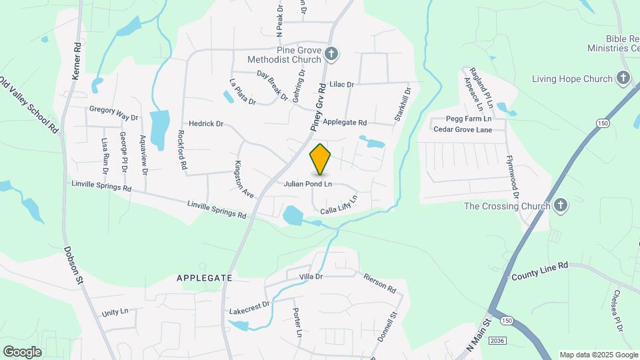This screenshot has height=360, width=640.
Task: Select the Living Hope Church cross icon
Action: click(x=623, y=78)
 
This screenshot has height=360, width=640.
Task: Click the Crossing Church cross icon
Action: click(x=561, y=205)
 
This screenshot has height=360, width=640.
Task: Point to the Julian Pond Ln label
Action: click(x=308, y=184)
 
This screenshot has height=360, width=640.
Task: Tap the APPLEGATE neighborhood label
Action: click(x=205, y=277)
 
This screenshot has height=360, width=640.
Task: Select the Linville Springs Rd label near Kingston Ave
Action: click(x=217, y=210)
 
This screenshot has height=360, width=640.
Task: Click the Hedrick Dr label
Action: click(x=205, y=124)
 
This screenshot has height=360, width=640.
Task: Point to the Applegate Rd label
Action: click(x=345, y=123)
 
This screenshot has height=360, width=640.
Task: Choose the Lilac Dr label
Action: click(x=341, y=85)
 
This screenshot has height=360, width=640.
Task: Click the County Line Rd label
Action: click(x=539, y=270)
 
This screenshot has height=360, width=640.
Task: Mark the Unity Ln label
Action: click(x=115, y=312)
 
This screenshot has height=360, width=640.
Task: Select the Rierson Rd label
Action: click(x=380, y=283)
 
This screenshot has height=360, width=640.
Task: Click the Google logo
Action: click(x=22, y=351)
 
